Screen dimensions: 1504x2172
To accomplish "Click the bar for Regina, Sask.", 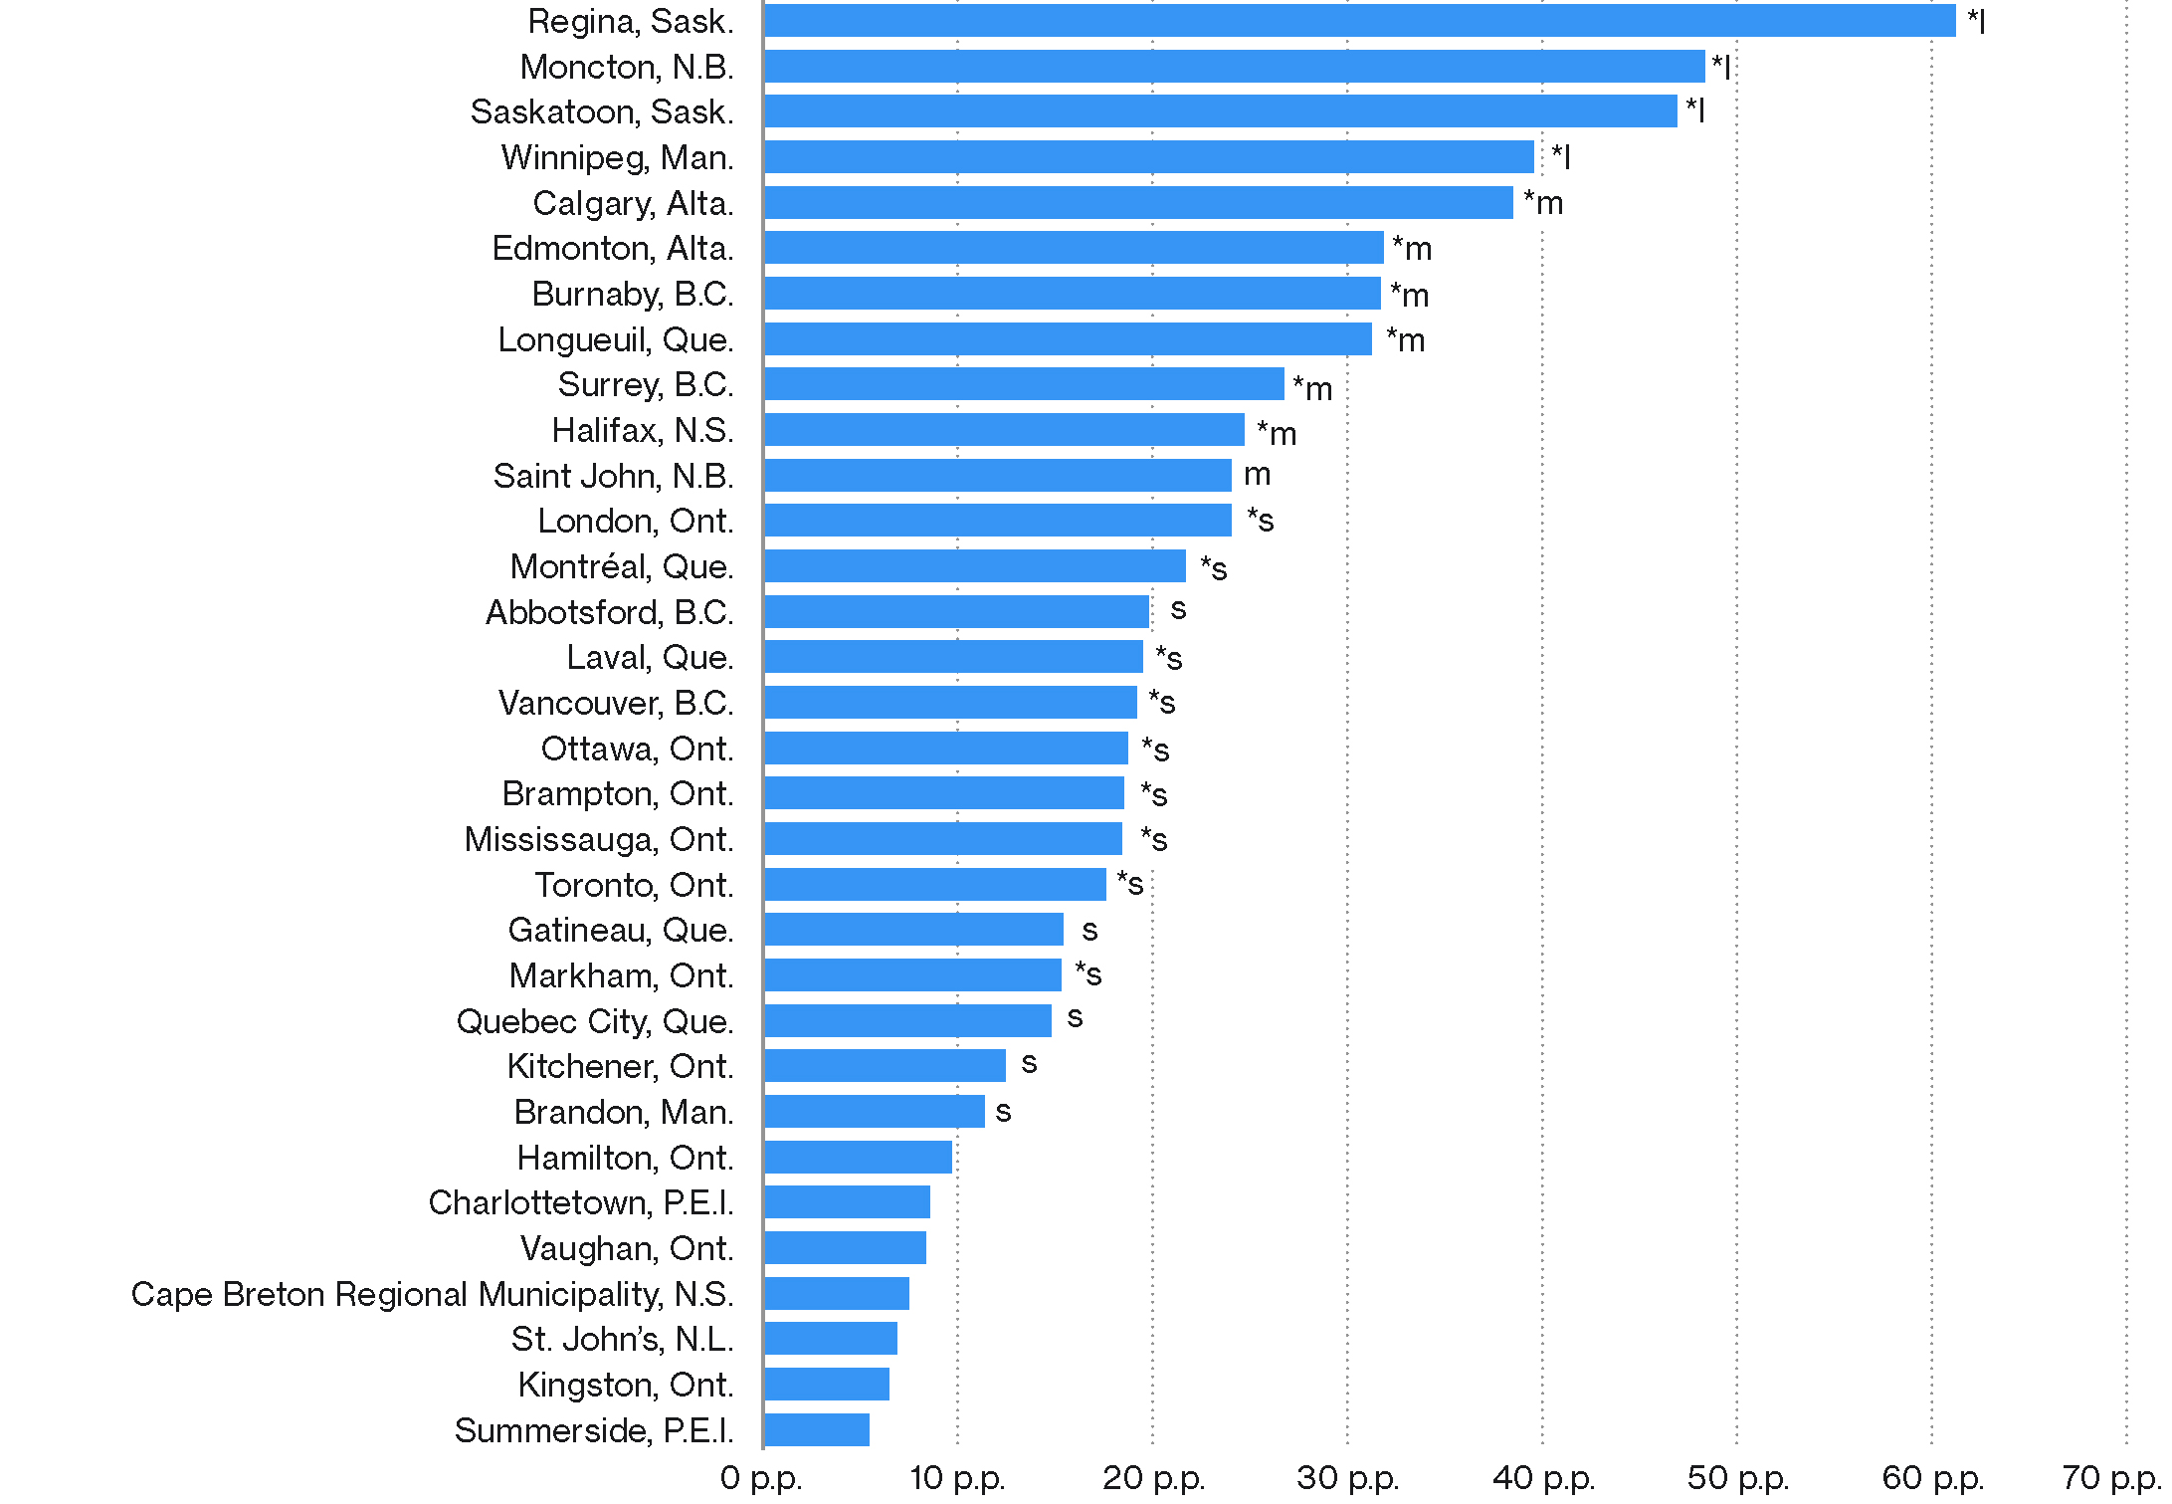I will [x=1359, y=21].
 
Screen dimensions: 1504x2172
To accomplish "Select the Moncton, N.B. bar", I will [x=1234, y=67].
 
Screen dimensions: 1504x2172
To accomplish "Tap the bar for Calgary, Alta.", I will [x=1138, y=203].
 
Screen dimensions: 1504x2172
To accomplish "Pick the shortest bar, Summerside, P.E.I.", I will [x=817, y=1430].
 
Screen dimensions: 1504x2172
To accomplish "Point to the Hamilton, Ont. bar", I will [x=858, y=1158].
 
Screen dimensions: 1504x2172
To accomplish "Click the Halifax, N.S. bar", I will [x=1004, y=430].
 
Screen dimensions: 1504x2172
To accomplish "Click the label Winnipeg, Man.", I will [x=618, y=157].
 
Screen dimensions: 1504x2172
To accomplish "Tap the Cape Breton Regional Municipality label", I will [x=432, y=1294].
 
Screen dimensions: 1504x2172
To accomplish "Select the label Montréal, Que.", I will [x=622, y=566].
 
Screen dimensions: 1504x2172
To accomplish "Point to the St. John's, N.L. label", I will [x=622, y=1340].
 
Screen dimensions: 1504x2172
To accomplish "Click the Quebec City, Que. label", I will [x=595, y=1021].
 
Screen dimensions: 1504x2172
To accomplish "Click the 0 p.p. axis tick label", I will [x=761, y=1478].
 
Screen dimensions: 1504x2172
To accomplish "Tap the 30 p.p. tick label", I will [x=1347, y=1478].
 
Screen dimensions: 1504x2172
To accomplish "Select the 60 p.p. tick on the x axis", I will [x=1932, y=1478].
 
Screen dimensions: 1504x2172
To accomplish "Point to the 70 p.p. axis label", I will [x=2115, y=1478].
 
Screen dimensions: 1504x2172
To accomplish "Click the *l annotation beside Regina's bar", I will [x=1976, y=21].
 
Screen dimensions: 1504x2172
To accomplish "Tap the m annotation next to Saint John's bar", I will [x=1258, y=475].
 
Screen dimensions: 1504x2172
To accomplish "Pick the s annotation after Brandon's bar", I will [x=1003, y=1112].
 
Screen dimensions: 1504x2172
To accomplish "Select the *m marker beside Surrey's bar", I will [x=1312, y=387].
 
